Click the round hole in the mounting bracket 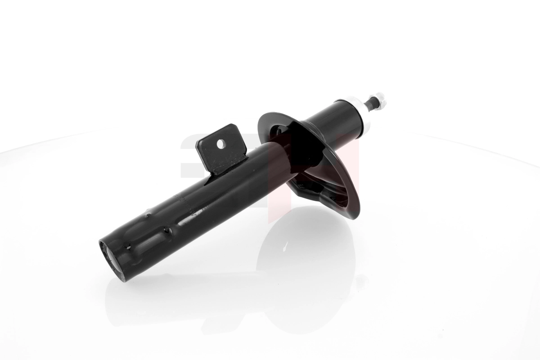pos(220,144)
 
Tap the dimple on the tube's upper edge pos(148,215)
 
